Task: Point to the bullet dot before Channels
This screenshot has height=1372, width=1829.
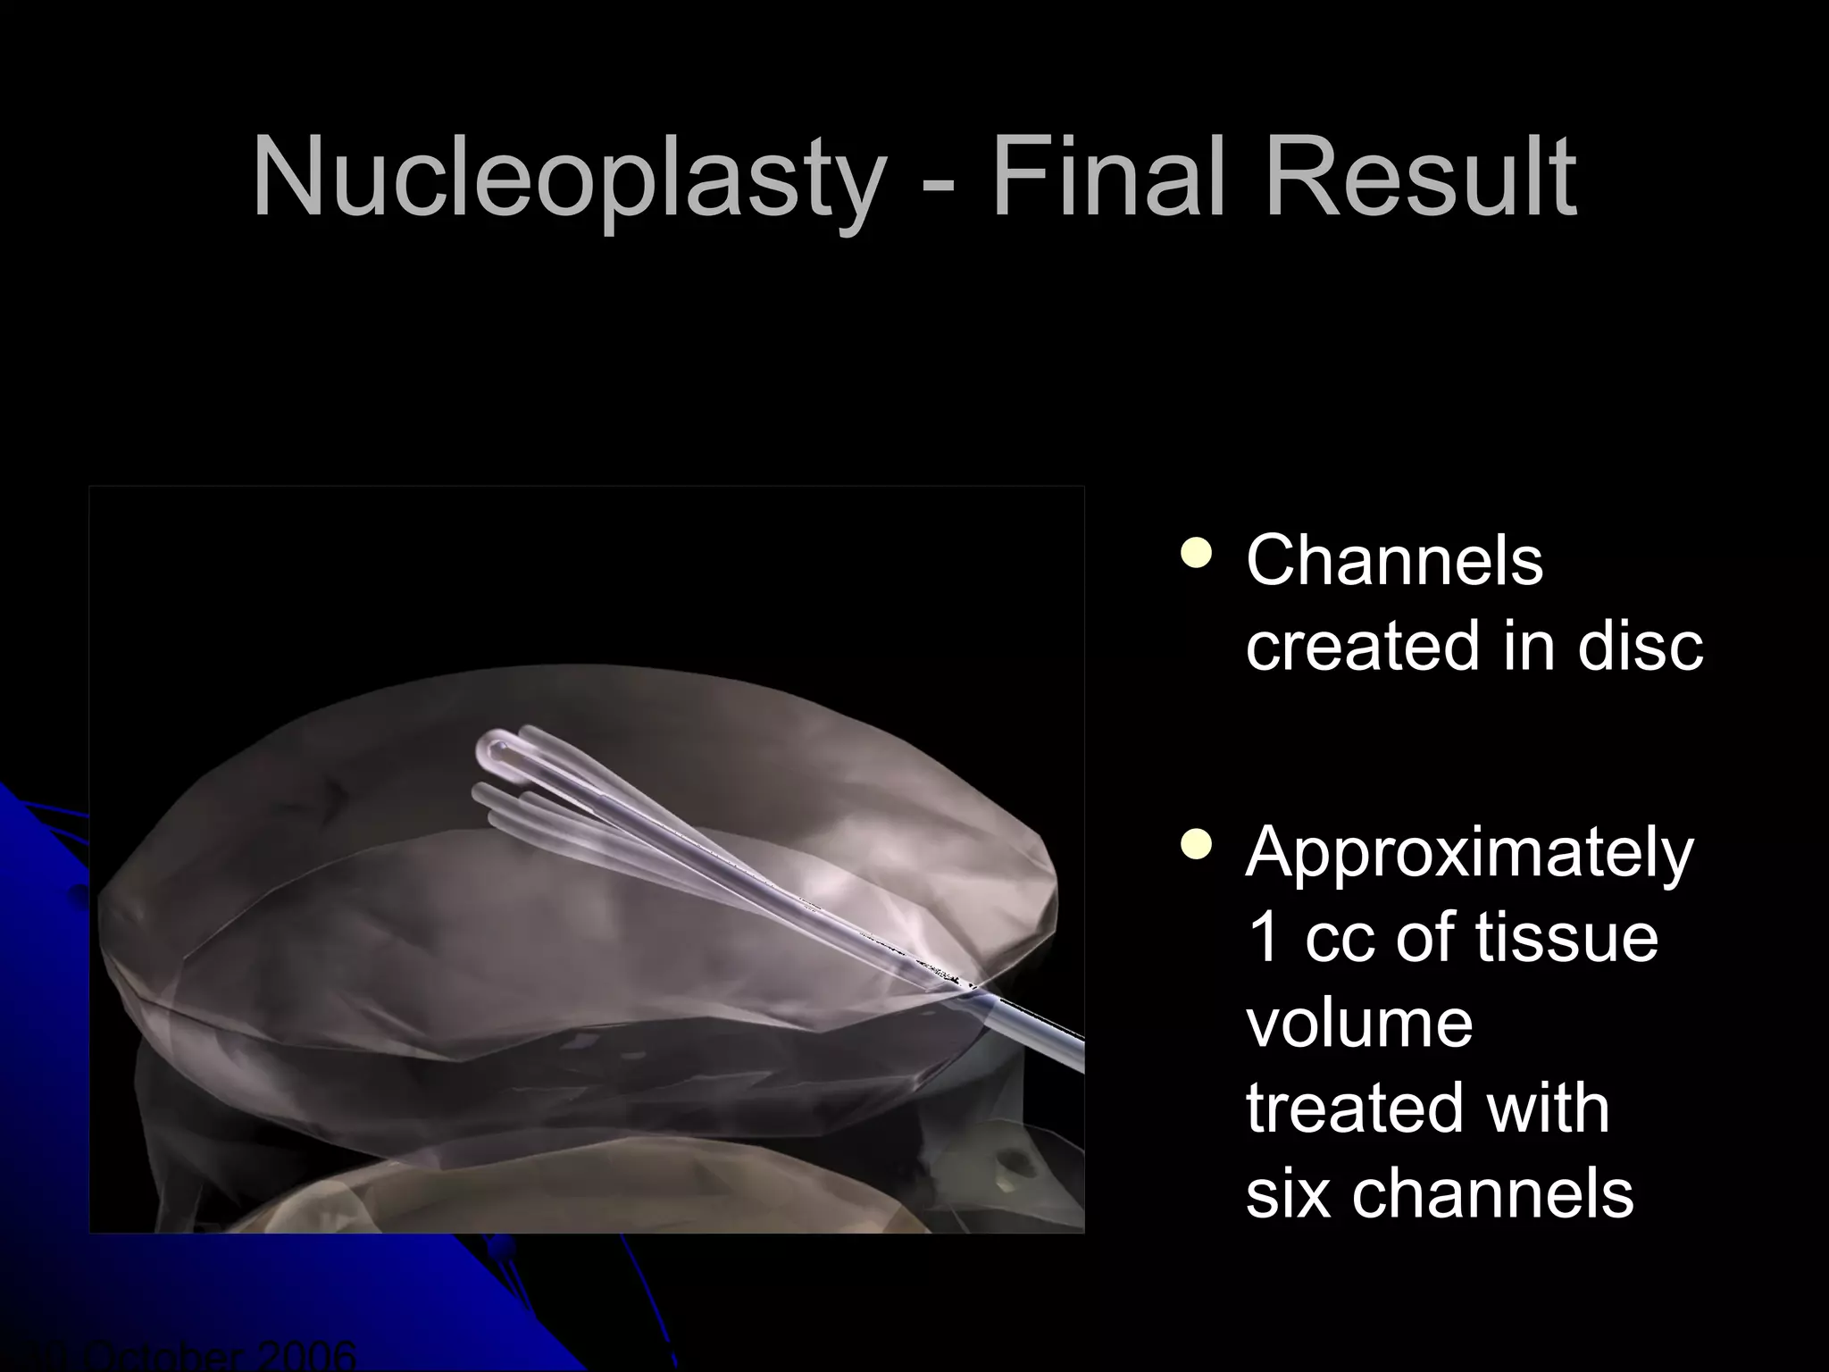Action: (1196, 554)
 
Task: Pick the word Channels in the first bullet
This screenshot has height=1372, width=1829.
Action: (1394, 561)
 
